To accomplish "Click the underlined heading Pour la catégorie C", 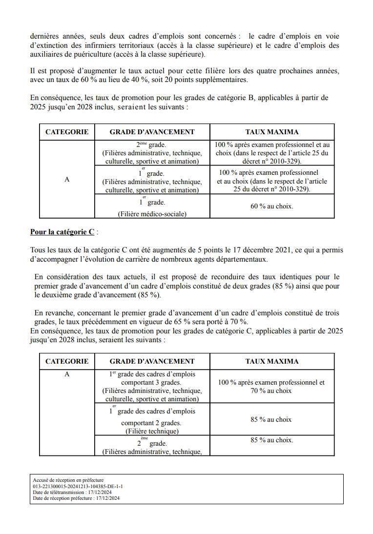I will coord(62,232).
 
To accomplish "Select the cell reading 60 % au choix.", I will coord(272,206).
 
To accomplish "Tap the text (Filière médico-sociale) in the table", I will coord(152,213).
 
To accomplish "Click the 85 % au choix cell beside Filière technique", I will coord(272,419).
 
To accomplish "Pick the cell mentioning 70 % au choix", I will coord(272,387).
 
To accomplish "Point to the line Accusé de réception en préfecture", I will coord(68,480).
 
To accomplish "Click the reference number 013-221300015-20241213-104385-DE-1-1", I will coord(78,486).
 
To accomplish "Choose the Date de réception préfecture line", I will coord(76,498).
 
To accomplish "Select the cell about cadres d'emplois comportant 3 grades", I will coord(152,387).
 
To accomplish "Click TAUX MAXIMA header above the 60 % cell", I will coord(272,132).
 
